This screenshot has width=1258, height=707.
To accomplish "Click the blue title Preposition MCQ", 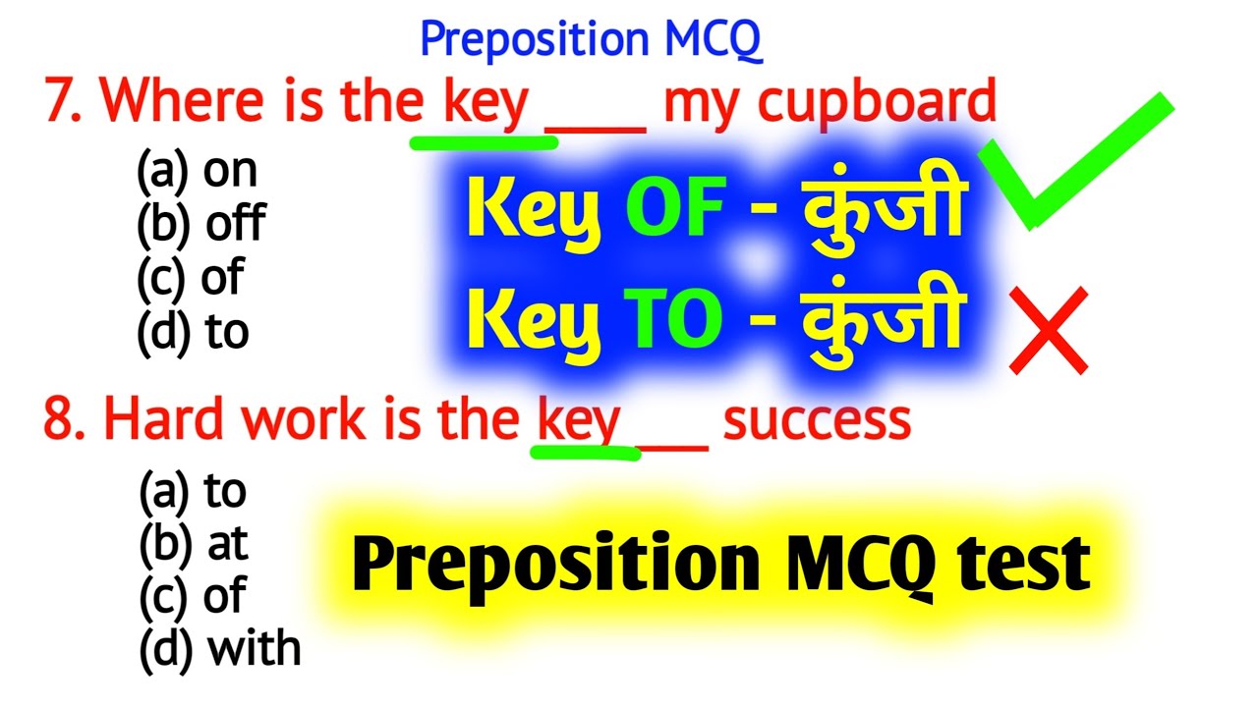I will [x=591, y=40].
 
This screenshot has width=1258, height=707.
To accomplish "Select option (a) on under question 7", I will [x=197, y=172].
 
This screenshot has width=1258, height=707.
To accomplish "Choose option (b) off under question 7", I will [x=200, y=225].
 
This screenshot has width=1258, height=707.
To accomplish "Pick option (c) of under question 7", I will [x=191, y=279].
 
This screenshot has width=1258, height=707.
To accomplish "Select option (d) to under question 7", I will [x=193, y=333].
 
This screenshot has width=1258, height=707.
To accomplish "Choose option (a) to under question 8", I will [x=193, y=491].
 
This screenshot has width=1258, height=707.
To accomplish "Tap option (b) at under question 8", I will [x=194, y=545].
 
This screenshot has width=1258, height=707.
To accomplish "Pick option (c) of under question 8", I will [x=193, y=597].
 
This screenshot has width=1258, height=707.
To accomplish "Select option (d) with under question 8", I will [x=219, y=649].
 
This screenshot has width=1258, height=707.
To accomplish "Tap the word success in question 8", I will [x=817, y=420].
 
